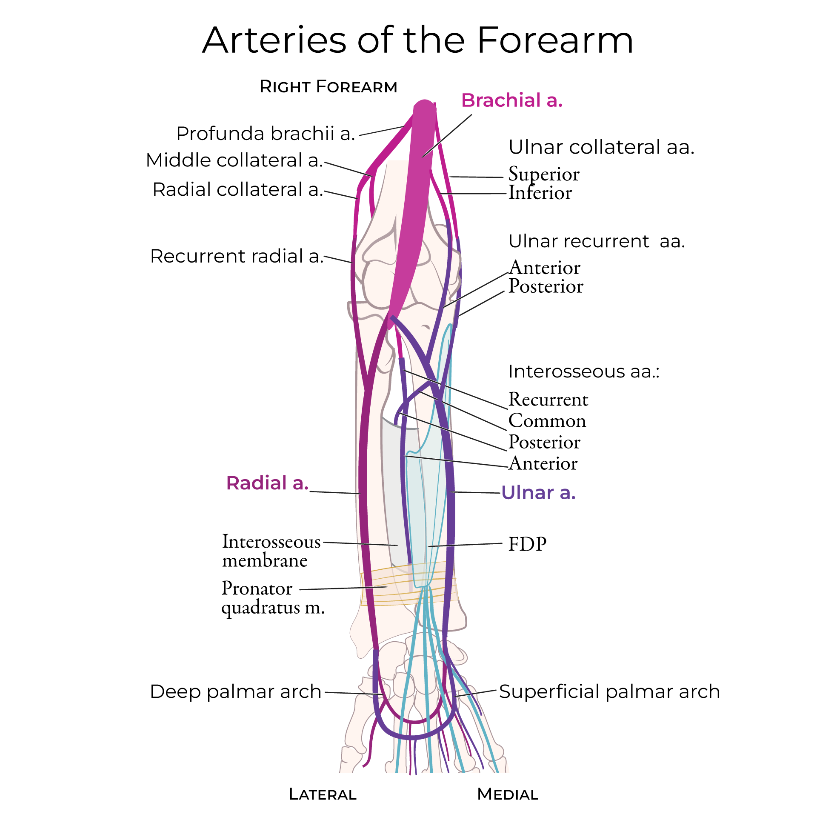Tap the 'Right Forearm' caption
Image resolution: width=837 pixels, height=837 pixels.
pos(328,87)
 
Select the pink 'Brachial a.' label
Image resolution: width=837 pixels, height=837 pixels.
pos(511,100)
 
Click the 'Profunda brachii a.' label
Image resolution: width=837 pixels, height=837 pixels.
pos(265,134)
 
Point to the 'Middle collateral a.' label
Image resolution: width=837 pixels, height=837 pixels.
pos(234,160)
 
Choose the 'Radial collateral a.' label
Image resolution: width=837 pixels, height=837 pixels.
pos(238,190)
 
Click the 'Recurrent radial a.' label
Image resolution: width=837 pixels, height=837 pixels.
pos(237,256)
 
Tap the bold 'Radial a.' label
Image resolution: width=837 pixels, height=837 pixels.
pos(267,483)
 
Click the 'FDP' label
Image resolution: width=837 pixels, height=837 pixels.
pos(527,544)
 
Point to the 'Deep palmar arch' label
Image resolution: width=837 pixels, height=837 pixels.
pos(235,691)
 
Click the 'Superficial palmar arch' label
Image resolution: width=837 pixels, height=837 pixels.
pos(609,691)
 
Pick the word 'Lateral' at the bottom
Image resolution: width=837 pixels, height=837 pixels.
pos(322,794)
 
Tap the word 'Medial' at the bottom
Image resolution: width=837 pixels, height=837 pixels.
pos(507,794)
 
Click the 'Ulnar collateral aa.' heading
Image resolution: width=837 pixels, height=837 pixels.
pos(601,147)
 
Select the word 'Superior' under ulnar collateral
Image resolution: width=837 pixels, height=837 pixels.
pos(543,174)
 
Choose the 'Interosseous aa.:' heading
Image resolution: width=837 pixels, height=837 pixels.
pos(583,371)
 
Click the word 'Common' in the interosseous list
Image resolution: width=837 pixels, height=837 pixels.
pos(547,421)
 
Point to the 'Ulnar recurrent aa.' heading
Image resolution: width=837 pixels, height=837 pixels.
pos(596,241)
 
